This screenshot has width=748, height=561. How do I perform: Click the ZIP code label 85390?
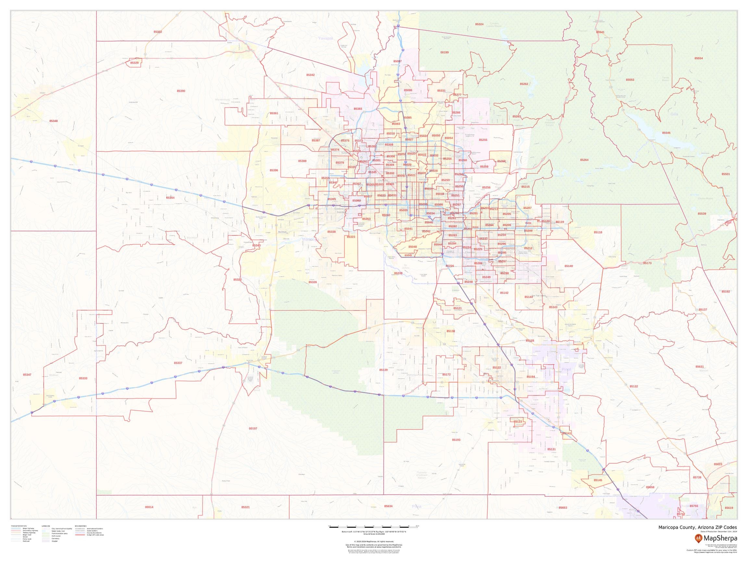[x=181, y=91]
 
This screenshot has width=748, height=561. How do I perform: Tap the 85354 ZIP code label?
[x=170, y=197]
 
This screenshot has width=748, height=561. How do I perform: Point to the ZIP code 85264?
[x=584, y=160]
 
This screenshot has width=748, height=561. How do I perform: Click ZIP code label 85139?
[x=383, y=370]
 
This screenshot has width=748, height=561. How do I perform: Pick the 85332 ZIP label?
[x=157, y=31]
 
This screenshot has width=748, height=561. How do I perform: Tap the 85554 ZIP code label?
[x=699, y=58]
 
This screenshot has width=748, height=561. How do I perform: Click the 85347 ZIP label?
[x=27, y=375]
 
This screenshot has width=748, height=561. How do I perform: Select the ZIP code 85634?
[x=388, y=506]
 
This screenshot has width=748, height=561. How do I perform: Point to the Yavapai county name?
[x=326, y=39]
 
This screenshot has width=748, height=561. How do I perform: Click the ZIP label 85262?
[x=524, y=83]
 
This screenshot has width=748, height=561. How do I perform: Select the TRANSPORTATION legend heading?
[x=19, y=526]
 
